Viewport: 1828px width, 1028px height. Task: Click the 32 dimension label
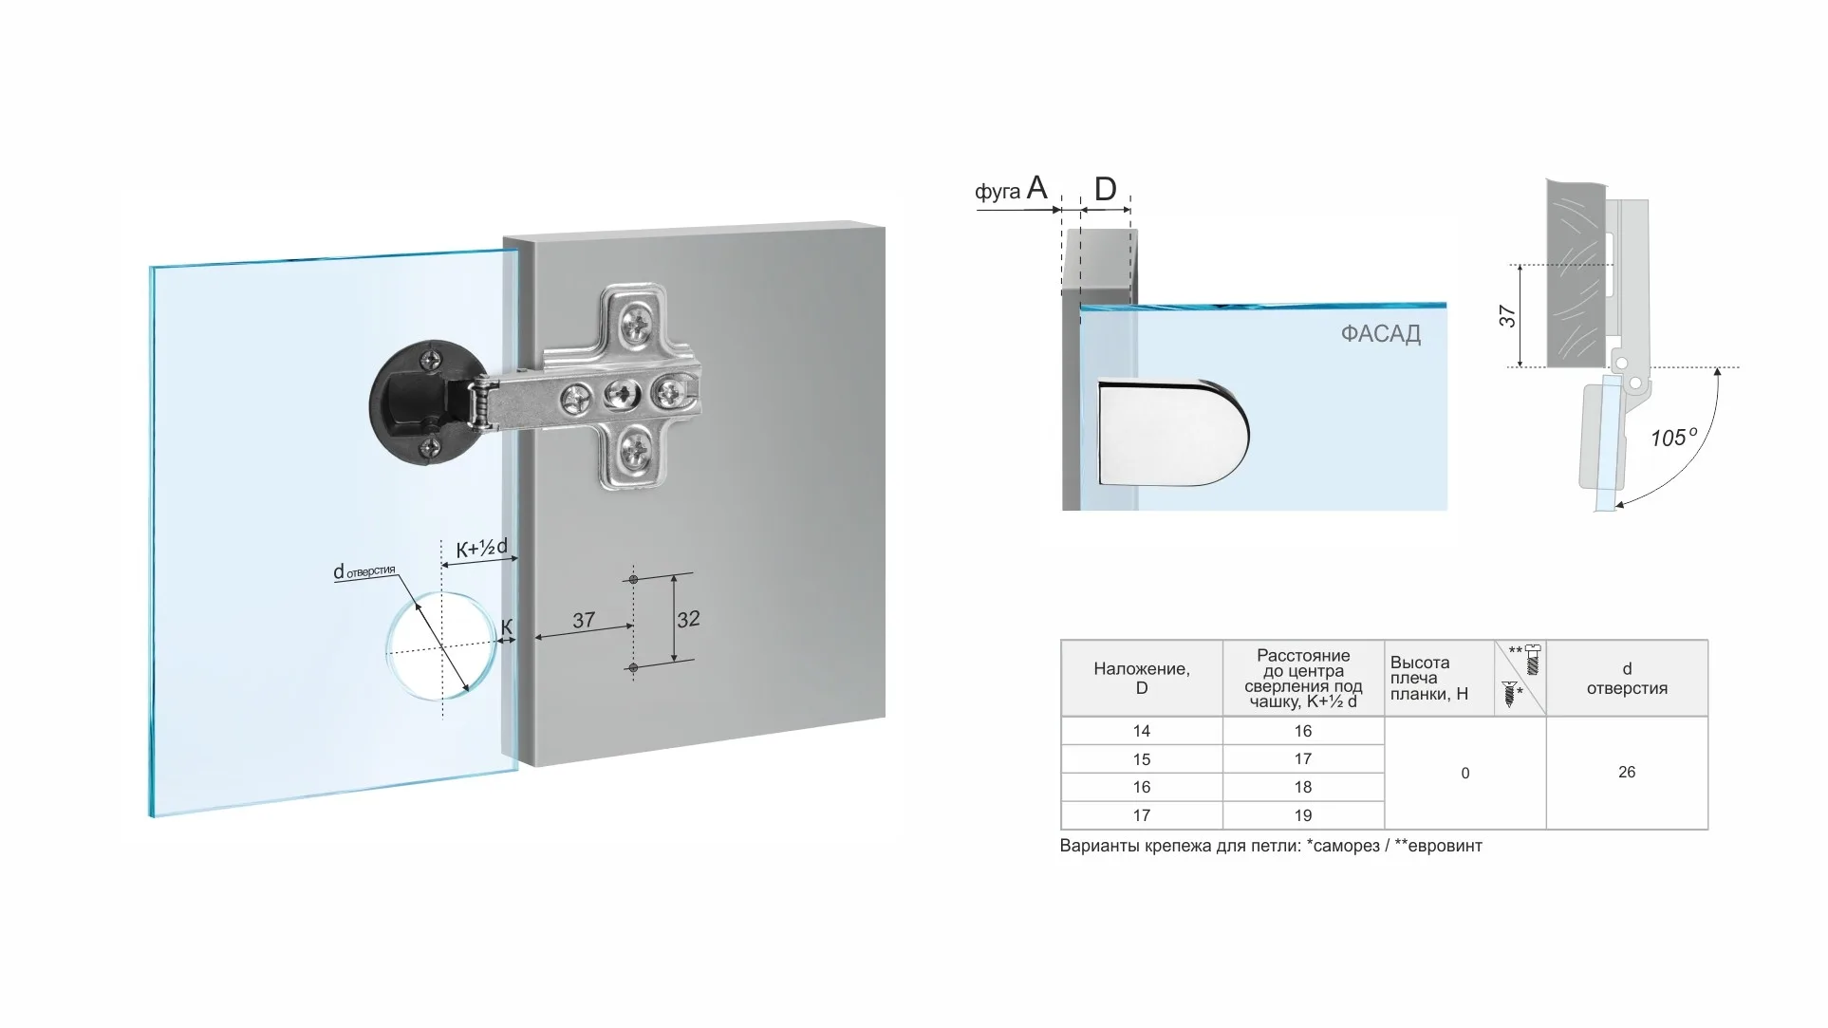click(688, 620)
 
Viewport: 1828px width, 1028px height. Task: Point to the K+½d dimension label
click(481, 549)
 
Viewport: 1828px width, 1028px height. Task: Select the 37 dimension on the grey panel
click(584, 621)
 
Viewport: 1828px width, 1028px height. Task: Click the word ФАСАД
click(1380, 334)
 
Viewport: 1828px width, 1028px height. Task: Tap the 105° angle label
click(1673, 438)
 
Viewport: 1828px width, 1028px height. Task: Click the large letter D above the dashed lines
click(1105, 189)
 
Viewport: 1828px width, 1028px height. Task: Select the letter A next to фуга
click(1036, 187)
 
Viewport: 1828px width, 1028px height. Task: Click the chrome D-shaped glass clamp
click(1173, 432)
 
